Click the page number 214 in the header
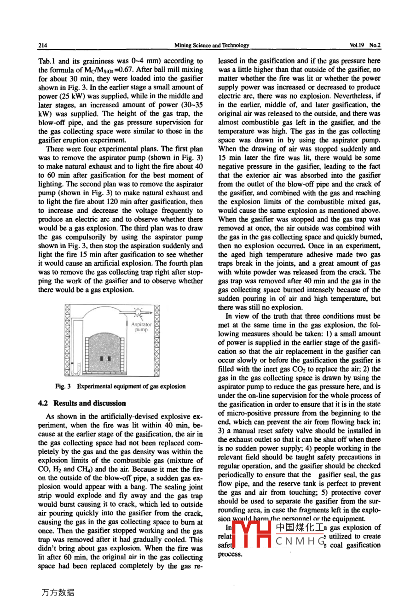[x=43, y=46]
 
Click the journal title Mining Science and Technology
[x=212, y=46]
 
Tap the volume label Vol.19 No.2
[x=365, y=46]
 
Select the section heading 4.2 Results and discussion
[x=82, y=403]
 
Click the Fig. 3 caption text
[x=121, y=386]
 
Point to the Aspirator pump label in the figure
[x=141, y=327]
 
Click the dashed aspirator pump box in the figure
[x=139, y=312]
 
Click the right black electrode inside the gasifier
[x=109, y=358]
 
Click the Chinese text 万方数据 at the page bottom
[x=58, y=593]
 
